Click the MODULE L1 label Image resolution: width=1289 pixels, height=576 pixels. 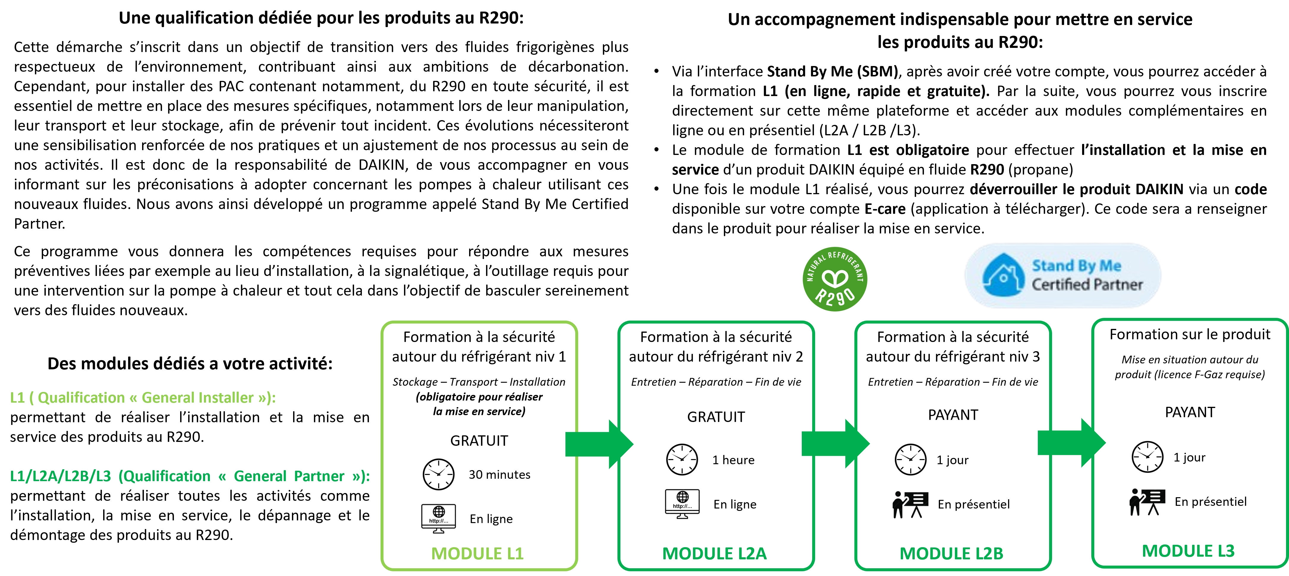pos(477,553)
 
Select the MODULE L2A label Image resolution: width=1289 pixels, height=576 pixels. pos(714,553)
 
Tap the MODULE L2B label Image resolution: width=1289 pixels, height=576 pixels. pos(951,553)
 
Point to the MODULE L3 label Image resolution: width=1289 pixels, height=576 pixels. pos(1188,551)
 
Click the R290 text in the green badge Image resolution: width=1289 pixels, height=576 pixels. pos(835,296)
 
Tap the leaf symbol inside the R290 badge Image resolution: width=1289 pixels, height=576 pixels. pos(835,278)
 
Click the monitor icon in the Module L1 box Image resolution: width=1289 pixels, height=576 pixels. pos(438,517)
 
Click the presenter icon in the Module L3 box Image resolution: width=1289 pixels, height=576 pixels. pos(1147,502)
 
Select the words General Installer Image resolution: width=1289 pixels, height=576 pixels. pos(198,398)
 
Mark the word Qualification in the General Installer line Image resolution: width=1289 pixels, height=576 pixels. pos(81,398)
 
